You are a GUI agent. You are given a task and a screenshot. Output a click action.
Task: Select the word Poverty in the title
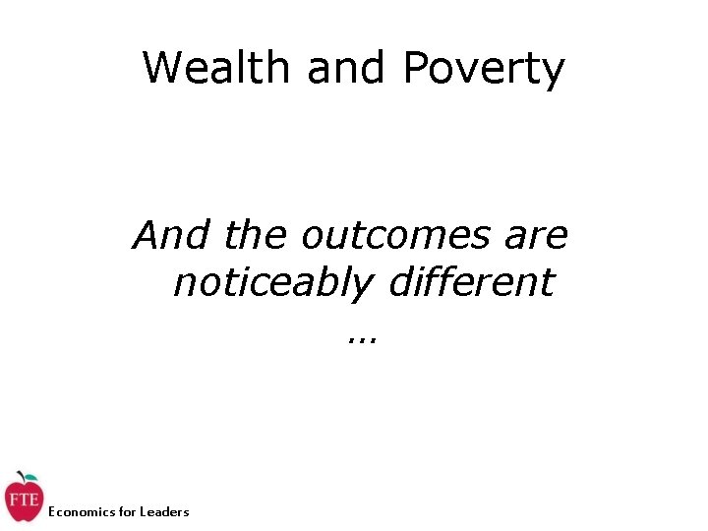pyautogui.click(x=484, y=69)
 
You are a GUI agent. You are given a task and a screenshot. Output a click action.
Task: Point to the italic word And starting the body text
pyautogui.click(x=173, y=236)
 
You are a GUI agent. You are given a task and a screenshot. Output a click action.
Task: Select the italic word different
pyautogui.click(x=472, y=283)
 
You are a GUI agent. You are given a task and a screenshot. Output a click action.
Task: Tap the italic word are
pyautogui.click(x=534, y=236)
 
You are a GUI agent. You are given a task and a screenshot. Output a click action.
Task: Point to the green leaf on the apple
pyautogui.click(x=29, y=476)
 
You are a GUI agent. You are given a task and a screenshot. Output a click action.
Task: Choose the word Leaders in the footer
pyautogui.click(x=164, y=511)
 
